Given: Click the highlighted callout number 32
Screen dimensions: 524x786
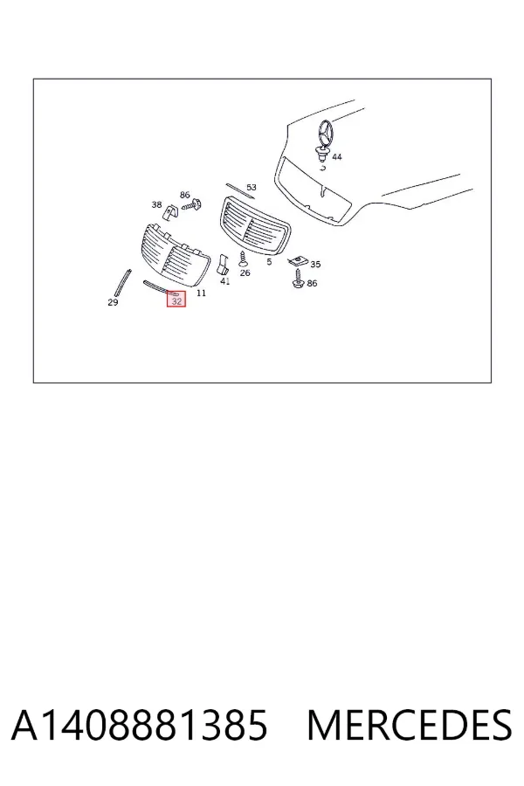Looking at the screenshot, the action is [176, 301].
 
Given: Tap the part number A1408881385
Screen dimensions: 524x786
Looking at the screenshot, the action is [140, 726].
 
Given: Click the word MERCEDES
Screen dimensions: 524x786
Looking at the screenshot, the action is [410, 726].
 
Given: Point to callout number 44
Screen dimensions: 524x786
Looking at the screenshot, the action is [337, 157].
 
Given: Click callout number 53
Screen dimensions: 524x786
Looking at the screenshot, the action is [252, 187].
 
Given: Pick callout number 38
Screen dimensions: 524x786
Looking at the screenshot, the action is [156, 204].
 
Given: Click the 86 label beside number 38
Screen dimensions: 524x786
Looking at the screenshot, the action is [185, 195].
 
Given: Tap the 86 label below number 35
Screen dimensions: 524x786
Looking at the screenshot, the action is [312, 283].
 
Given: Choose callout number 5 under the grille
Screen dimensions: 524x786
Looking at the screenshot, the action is [269, 262].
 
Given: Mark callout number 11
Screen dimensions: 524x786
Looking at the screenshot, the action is [201, 293].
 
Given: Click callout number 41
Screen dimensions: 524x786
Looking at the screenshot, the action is [225, 281].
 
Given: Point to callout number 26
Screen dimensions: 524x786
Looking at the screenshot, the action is [245, 272].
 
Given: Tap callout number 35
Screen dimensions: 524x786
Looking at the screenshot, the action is [315, 264].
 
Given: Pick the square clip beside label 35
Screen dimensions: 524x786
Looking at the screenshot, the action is [298, 260].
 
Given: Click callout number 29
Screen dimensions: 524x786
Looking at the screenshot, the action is [113, 302].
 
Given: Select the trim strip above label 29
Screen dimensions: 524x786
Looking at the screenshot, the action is [123, 283].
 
